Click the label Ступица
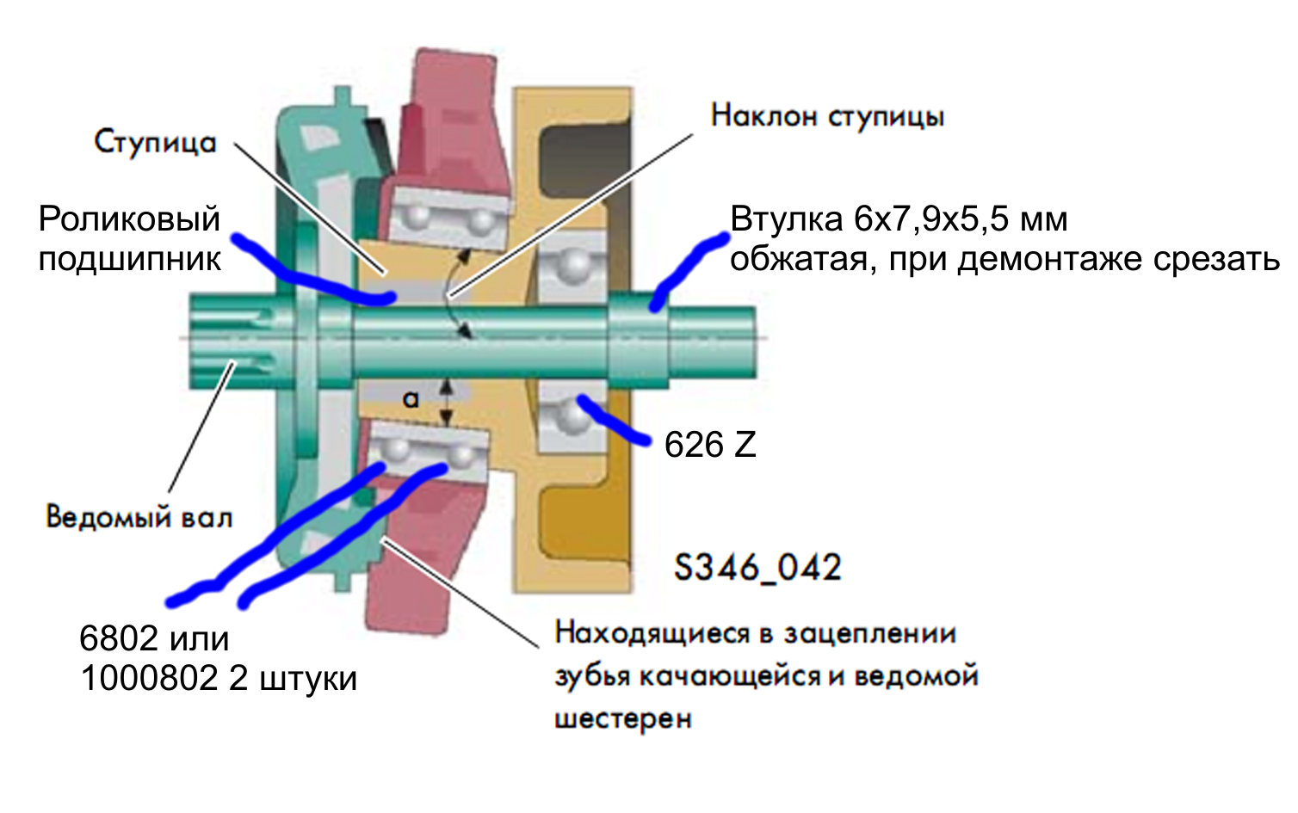155,142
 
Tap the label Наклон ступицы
827,116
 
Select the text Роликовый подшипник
129,239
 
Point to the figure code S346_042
757,568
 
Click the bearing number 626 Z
710,445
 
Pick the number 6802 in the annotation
119,639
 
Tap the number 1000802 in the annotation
149,679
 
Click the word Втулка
786,220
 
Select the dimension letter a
411,399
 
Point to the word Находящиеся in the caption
652,634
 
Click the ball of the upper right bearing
569,262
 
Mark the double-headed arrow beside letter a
446,403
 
